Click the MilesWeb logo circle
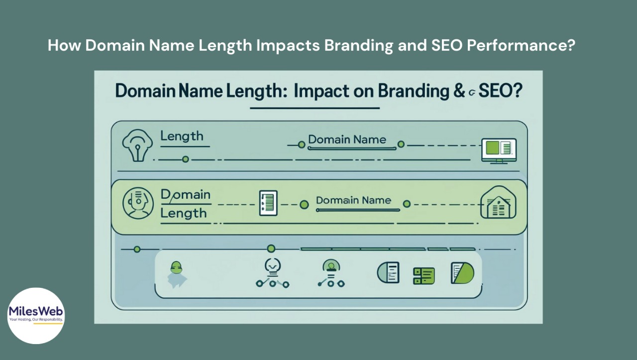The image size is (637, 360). [x=36, y=316]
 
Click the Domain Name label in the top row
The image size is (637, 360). [x=347, y=140]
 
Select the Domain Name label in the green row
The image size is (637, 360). [x=353, y=201]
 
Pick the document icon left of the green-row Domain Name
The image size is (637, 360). [x=268, y=203]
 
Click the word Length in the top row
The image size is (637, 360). [x=182, y=136]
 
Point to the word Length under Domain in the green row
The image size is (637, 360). [x=183, y=213]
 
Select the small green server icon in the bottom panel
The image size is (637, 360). [x=424, y=275]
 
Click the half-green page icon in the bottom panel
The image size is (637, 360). [x=462, y=273]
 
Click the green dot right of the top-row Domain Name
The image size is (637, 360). [x=401, y=144]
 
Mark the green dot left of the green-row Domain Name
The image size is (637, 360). [x=305, y=204]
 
